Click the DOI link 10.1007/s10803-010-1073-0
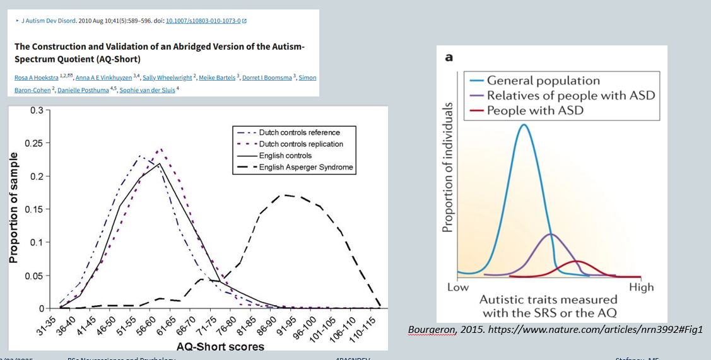pos(203,21)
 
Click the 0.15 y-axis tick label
pos(34,209)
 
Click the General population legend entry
pos(543,81)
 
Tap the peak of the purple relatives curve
pos(551,235)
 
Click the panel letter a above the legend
pos(449,57)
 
